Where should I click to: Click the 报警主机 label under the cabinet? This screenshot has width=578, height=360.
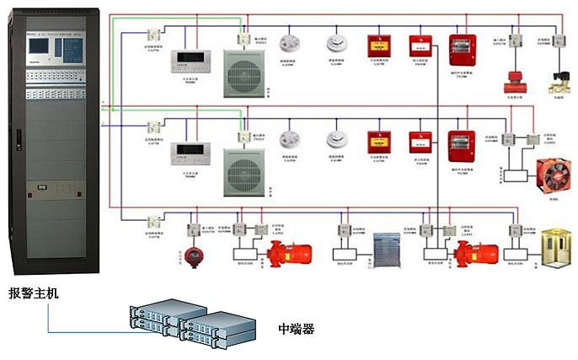(35, 293)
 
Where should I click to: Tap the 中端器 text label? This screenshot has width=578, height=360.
(296, 329)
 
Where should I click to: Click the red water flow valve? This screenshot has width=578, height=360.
(512, 83)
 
